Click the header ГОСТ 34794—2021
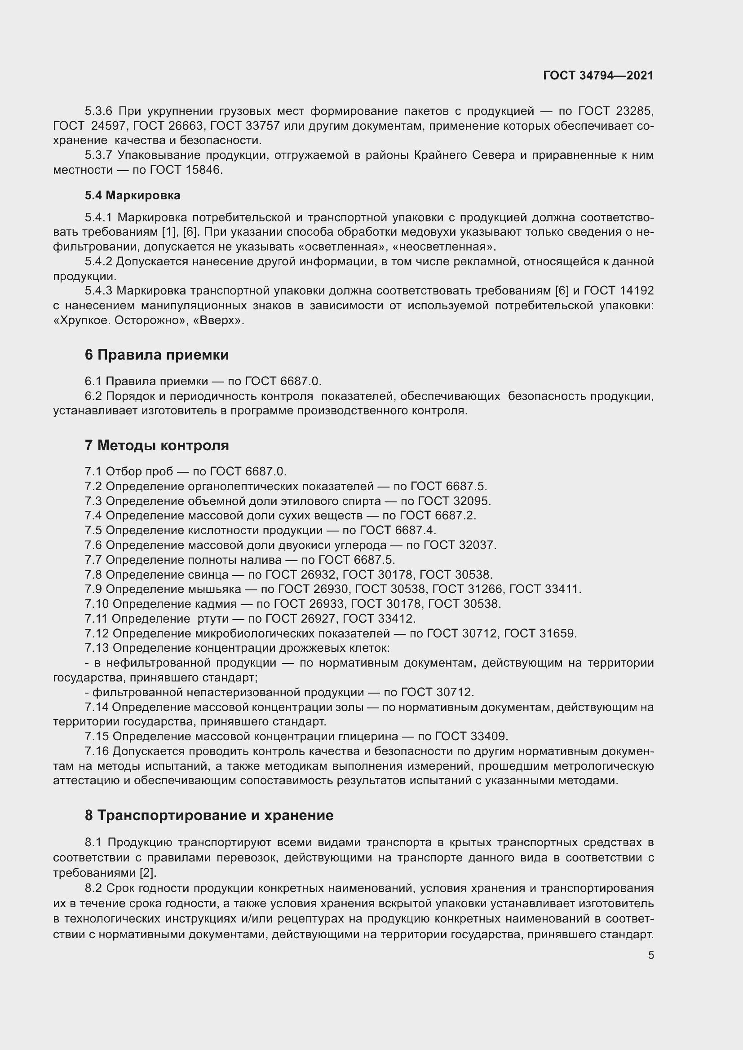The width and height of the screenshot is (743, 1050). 598,75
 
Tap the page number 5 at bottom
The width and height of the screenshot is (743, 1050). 650,955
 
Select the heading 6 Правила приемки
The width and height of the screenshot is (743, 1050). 156,355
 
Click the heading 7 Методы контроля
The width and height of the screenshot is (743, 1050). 156,445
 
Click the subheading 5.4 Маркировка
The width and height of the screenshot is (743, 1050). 132,195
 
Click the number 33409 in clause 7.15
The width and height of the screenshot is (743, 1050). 489,736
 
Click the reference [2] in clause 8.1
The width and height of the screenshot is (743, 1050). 147,873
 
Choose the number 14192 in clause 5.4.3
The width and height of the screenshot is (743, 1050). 637,291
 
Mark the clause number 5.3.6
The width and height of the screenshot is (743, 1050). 98,111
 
